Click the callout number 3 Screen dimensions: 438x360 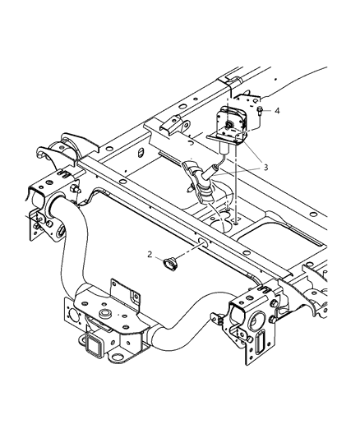(x=265, y=168)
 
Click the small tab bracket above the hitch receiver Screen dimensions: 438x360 (x=121, y=289)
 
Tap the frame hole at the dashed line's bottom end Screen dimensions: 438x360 (x=236, y=221)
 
